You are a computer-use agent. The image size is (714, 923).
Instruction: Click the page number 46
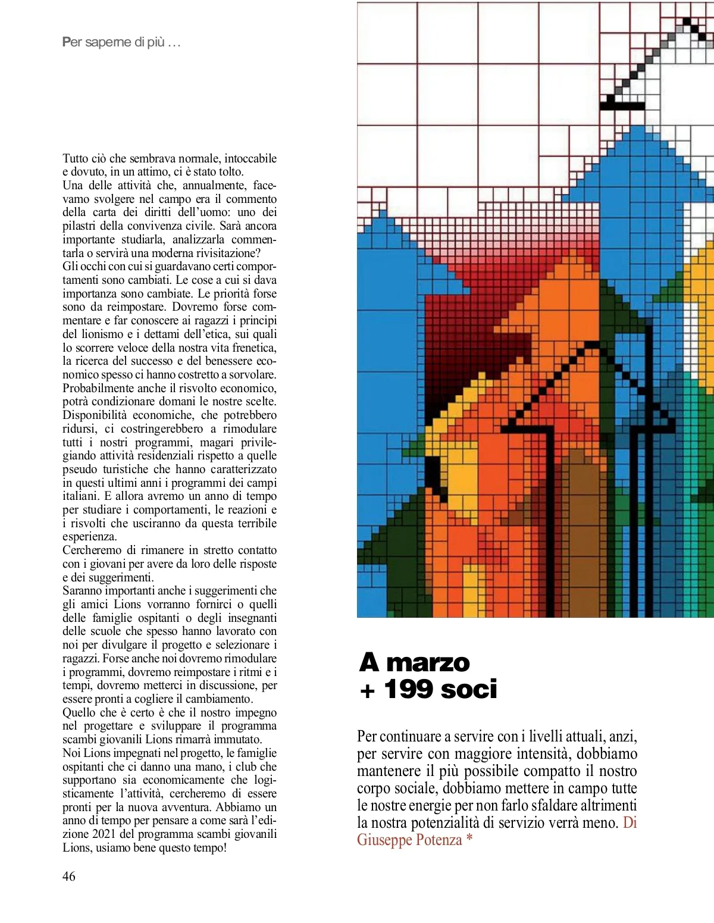click(69, 876)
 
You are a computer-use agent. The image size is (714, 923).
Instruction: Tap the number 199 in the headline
click(408, 689)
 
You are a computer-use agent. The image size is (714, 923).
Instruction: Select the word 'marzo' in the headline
click(428, 662)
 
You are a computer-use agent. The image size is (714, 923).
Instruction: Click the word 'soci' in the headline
click(469, 689)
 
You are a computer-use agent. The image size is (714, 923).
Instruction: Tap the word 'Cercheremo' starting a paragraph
click(92, 550)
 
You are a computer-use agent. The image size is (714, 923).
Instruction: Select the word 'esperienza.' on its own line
click(89, 536)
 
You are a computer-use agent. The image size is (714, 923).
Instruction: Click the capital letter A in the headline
click(369, 662)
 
